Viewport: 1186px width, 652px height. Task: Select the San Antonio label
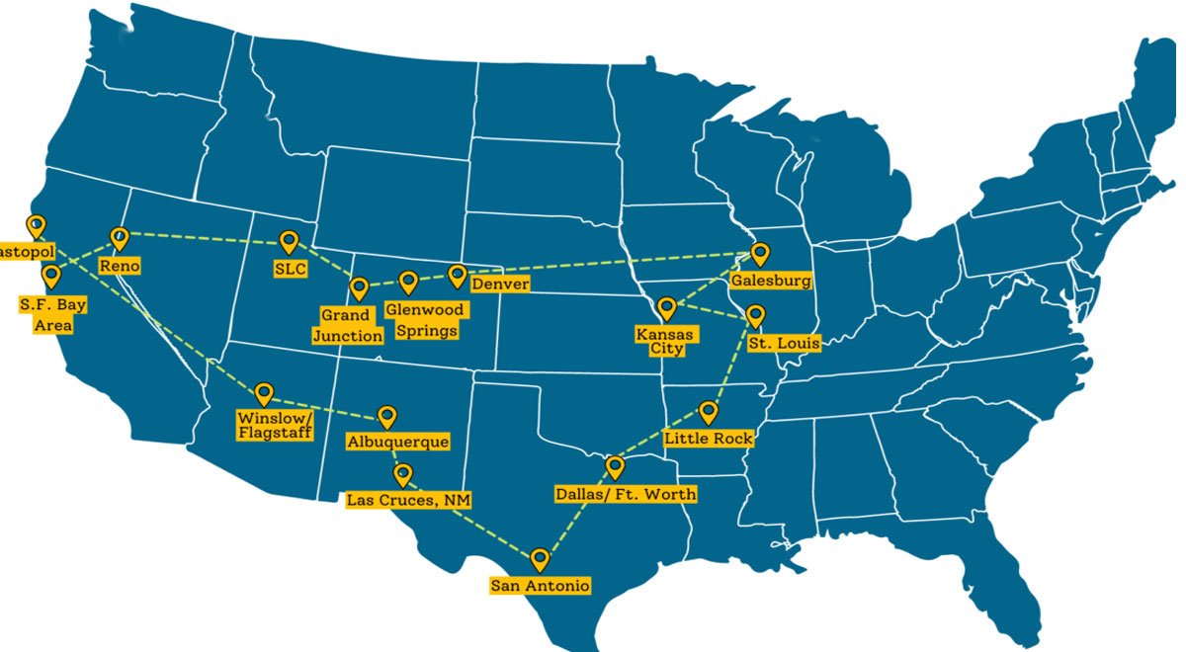coord(541,587)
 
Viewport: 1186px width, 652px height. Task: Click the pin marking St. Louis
coord(755,315)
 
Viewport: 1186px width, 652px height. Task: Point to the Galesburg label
coord(771,281)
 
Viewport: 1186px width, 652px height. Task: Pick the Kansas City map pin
coord(667,308)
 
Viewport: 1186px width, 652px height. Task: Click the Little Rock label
coord(709,438)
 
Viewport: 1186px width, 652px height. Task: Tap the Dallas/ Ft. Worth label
coord(627,493)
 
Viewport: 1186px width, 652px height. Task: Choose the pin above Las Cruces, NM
coord(402,474)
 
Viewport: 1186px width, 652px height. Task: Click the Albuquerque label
coord(397,443)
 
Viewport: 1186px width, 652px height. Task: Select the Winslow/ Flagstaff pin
coord(264,393)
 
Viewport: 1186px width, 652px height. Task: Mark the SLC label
coord(291,268)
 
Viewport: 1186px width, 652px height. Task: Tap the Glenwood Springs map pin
coord(407,283)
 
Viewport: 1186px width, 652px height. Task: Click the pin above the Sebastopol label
coord(36,224)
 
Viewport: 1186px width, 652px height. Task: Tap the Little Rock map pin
coord(709,411)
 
